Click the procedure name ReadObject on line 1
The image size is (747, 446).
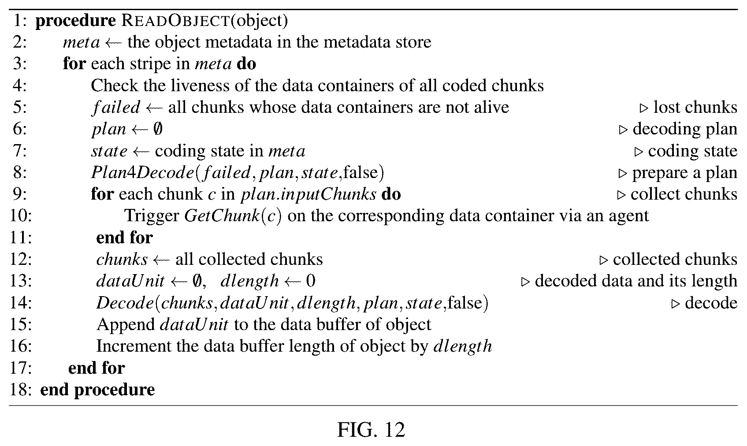[175, 21]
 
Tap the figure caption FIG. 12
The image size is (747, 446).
[371, 430]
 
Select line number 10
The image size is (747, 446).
[21, 216]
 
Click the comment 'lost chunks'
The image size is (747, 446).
[695, 108]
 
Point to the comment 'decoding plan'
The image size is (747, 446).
[684, 130]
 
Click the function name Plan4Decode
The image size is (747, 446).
[142, 172]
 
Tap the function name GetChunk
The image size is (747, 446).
[222, 216]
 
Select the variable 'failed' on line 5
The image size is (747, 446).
[116, 108]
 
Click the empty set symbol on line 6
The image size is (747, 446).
[158, 129]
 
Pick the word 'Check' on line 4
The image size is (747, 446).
[114, 86]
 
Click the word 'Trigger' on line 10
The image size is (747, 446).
[152, 216]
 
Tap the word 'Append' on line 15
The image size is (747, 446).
[126, 325]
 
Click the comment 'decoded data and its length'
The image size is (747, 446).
[636, 281]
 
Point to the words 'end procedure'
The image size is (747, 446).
[97, 390]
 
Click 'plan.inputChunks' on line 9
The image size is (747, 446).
[308, 194]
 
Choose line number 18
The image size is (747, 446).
[21, 389]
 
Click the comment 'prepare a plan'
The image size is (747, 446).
[684, 173]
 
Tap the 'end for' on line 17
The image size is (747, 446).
[97, 368]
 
